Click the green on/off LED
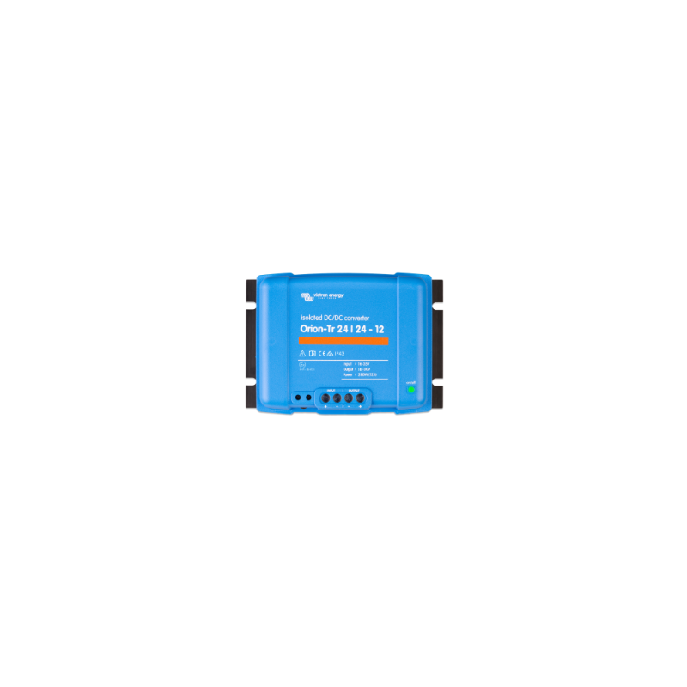(411, 389)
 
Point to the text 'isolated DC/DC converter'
(335, 319)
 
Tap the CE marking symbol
(320, 353)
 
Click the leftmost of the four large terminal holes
(326, 398)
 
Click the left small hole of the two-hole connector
(298, 398)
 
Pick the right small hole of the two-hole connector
(307, 398)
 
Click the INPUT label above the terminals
(331, 390)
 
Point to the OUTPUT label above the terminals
(353, 390)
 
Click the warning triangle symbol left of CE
(302, 353)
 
